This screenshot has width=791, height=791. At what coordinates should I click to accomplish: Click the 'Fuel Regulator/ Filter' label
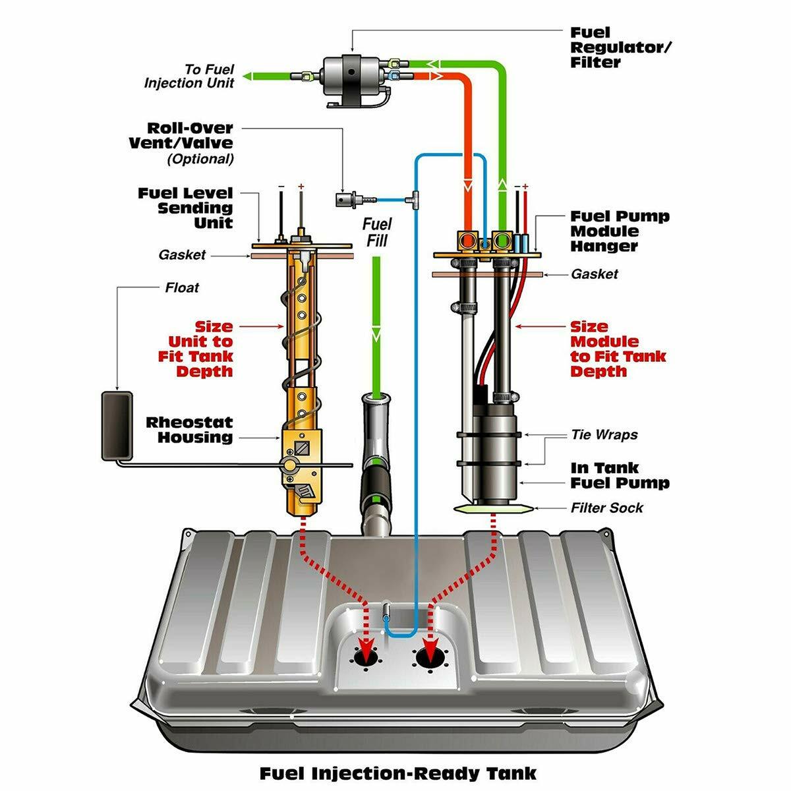click(620, 47)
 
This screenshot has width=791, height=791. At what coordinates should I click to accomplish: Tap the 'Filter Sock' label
click(606, 508)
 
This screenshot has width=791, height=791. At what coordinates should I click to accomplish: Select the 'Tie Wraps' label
click(604, 435)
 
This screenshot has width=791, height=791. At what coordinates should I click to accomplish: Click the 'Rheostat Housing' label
click(190, 430)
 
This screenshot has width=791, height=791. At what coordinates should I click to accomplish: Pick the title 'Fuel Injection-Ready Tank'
click(397, 773)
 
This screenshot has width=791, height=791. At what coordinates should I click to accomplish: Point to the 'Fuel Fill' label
click(377, 233)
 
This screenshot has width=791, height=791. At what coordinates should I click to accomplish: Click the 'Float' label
click(182, 288)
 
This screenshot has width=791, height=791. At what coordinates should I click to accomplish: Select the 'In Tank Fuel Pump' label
click(620, 475)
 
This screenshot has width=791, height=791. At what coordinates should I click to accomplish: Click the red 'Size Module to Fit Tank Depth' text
click(618, 349)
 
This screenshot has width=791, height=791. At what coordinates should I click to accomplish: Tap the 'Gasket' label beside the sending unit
click(182, 255)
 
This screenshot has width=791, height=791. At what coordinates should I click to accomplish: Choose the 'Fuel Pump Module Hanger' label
click(619, 231)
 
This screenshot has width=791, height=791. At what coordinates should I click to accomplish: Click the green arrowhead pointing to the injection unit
click(249, 77)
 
